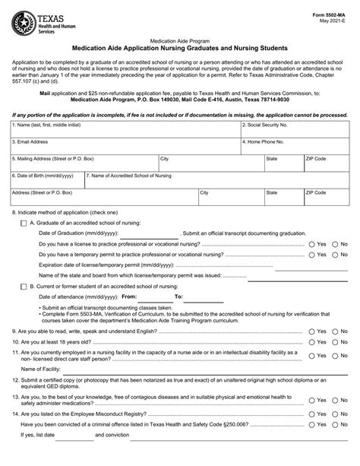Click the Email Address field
point(125,147)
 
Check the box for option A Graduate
point(24,223)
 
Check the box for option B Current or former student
point(24,286)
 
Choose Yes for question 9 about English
point(312,331)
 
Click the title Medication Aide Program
point(179,37)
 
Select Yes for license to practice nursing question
point(312,244)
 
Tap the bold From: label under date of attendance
point(129,296)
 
